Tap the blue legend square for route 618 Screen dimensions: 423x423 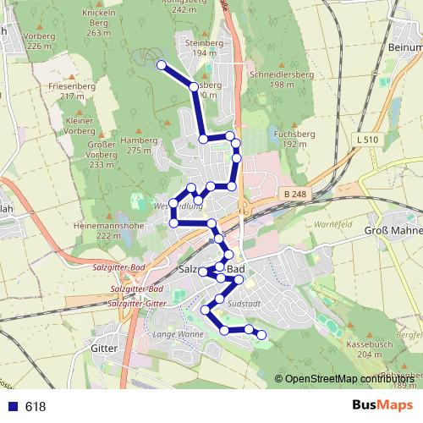coord(12,406)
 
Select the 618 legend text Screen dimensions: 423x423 coord(36,406)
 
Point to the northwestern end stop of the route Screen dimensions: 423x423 coord(162,64)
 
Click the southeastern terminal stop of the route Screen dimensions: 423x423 coord(261,335)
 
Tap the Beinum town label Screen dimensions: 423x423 coord(407,48)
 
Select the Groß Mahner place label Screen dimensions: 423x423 coord(393,230)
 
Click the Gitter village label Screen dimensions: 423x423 coord(102,348)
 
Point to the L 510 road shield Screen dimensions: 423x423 coord(368,139)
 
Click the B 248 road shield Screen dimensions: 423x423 coord(295,195)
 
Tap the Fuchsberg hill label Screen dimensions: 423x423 coord(295,134)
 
